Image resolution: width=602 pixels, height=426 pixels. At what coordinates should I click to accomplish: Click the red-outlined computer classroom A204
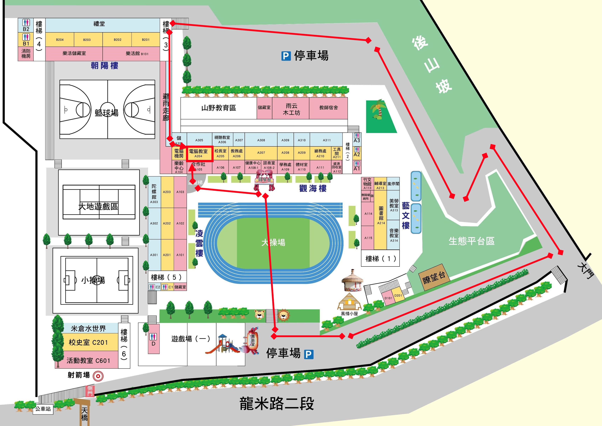point(199,153)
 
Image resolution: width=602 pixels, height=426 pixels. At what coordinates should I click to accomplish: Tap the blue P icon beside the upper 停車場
point(286,56)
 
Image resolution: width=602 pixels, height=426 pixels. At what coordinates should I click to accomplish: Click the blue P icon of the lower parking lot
point(309,354)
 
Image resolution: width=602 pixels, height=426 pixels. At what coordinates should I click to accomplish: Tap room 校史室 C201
point(88,342)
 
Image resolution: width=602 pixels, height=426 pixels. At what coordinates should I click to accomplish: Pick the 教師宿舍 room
point(328,108)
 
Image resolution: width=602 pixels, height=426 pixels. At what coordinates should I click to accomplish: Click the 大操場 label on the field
point(273,242)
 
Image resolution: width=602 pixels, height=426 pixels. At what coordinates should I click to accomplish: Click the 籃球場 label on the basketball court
point(107,113)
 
